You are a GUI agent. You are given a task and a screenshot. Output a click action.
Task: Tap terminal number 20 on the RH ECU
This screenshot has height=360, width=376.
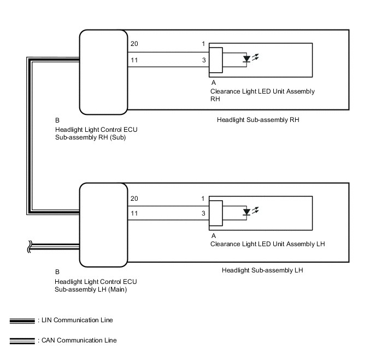point(134,44)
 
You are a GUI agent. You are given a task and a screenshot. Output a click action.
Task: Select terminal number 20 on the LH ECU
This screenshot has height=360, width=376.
point(134,198)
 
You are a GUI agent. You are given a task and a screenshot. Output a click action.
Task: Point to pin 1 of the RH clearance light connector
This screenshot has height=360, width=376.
point(203,44)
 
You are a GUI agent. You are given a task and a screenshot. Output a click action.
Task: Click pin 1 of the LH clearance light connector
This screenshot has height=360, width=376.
point(203,198)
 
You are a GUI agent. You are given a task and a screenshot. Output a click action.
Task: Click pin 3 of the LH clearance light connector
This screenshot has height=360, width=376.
point(203,213)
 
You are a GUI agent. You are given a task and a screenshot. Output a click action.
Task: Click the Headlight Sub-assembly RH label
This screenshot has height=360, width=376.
point(258,119)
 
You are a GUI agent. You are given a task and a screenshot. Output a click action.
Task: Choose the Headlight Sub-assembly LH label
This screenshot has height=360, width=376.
point(262,270)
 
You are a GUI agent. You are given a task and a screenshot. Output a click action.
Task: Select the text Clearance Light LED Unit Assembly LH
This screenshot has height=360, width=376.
point(268,244)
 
